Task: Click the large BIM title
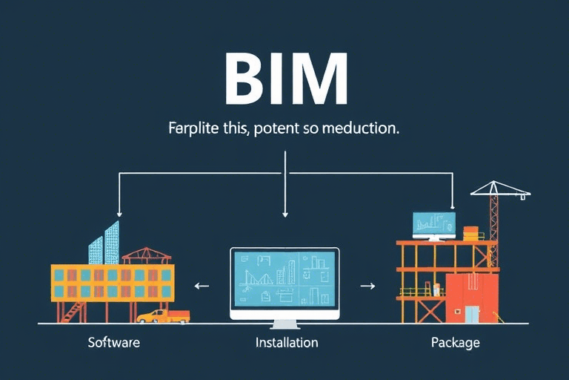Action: coord(285,80)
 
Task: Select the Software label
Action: coord(113,343)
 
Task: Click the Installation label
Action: coord(287,343)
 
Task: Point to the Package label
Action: coord(455,343)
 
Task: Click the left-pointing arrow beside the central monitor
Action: coord(201,285)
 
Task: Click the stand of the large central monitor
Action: coord(284,324)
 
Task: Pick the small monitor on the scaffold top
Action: coord(434,224)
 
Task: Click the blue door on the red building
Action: coord(471,313)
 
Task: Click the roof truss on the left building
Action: coord(146,256)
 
